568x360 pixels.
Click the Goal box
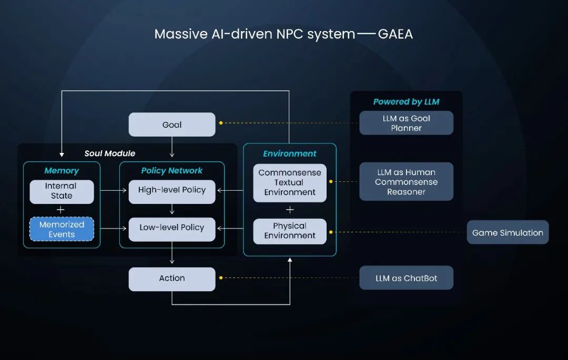[x=172, y=125]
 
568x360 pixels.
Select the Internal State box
[x=62, y=191]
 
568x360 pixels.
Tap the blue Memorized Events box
[x=62, y=230]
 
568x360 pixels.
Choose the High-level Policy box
[x=172, y=190]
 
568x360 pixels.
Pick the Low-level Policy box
[x=172, y=228]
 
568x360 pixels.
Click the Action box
[x=172, y=279]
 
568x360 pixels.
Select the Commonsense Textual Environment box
[x=290, y=183]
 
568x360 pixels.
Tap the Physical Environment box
[x=290, y=231]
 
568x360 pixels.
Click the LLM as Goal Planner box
[x=406, y=123]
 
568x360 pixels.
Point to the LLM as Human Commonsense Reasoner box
[x=406, y=182]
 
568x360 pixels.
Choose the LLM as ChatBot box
[x=406, y=279]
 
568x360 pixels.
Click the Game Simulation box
[x=508, y=233]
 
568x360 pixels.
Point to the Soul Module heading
[x=110, y=153]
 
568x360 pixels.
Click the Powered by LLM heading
[x=406, y=102]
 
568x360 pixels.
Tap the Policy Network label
[x=172, y=171]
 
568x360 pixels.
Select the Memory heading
[x=62, y=171]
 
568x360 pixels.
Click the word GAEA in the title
[x=395, y=35]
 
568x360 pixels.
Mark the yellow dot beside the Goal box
[x=221, y=123]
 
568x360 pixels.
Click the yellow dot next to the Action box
[x=221, y=277]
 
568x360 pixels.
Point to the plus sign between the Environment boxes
[x=290, y=210]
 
